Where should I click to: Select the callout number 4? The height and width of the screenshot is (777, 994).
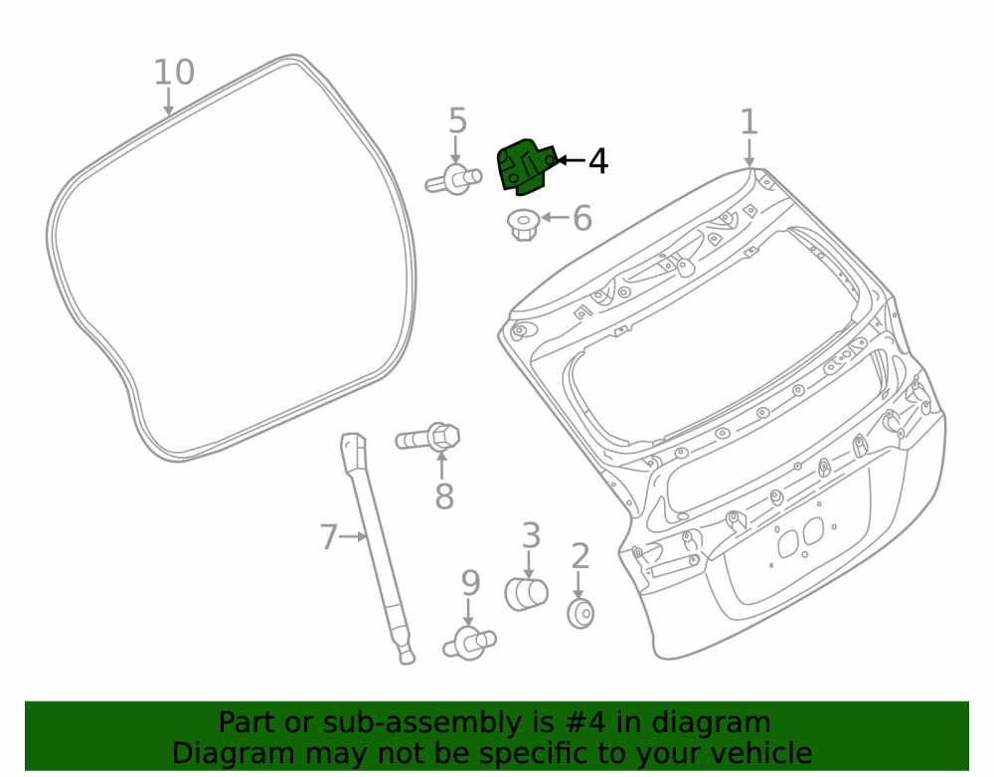point(597,161)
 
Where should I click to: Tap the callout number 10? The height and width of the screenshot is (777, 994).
point(174,73)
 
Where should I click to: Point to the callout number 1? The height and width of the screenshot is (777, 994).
point(748,121)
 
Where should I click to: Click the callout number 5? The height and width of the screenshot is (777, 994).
point(457,120)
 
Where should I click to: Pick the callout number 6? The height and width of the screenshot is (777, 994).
point(582,218)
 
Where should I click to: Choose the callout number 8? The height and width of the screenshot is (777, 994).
point(444,496)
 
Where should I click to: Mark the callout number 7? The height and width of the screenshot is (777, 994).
point(328,536)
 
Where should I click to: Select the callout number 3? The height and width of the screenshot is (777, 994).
point(531,535)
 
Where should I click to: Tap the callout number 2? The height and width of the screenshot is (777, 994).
point(580,556)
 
